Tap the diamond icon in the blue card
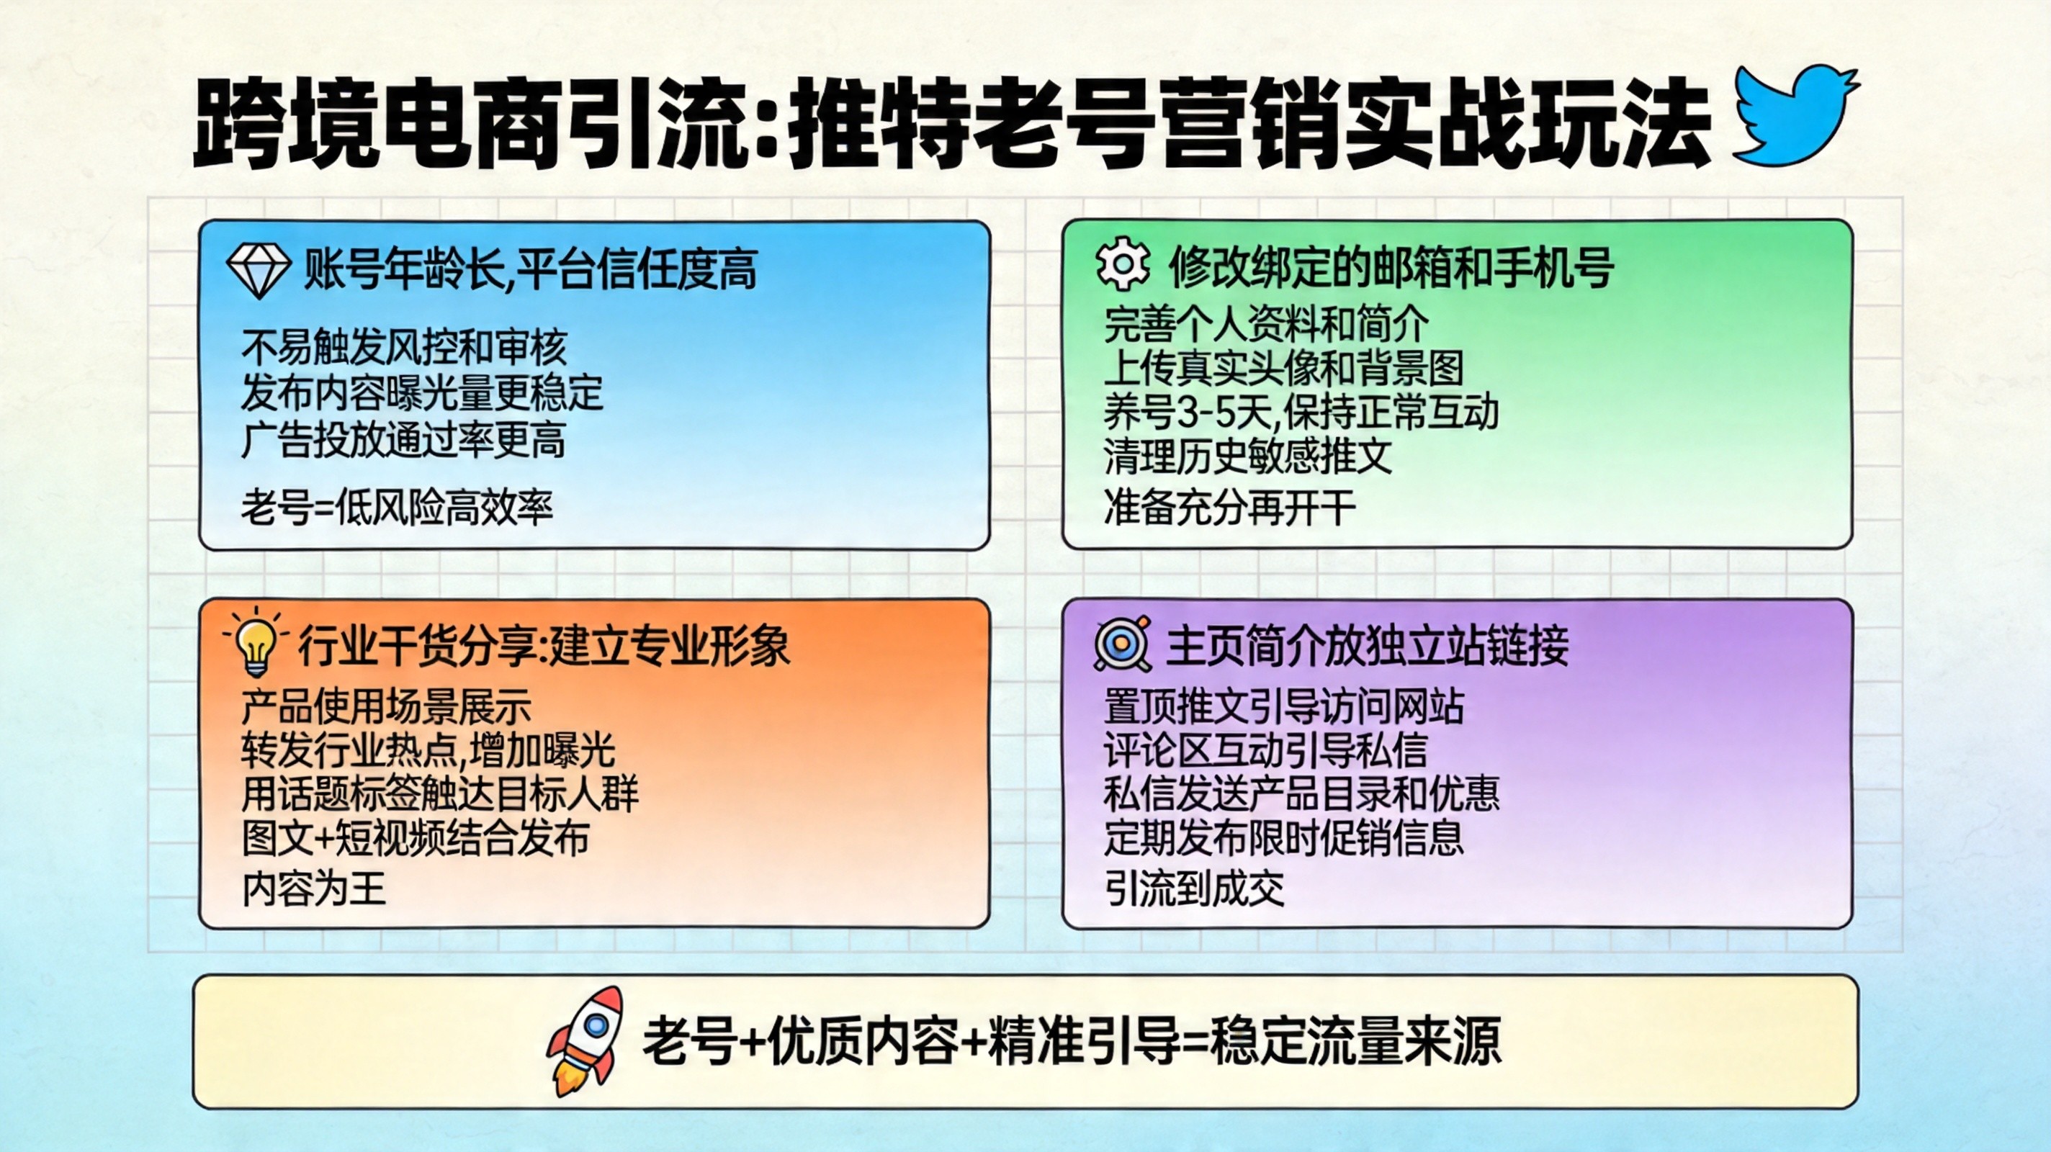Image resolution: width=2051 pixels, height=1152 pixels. tap(258, 270)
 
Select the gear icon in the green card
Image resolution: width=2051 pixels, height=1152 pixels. tap(1123, 264)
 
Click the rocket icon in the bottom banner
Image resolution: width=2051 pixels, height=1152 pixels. tap(586, 1041)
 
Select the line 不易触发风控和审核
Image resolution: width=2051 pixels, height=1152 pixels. tap(404, 347)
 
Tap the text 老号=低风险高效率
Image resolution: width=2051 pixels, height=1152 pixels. tap(397, 507)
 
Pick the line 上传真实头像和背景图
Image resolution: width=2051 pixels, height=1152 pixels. tap(1283, 367)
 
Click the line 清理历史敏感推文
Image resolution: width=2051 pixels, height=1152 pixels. tap(1247, 456)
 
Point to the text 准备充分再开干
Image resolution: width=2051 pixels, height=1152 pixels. tap(1229, 507)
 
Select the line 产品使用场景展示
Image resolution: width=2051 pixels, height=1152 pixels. tap(386, 706)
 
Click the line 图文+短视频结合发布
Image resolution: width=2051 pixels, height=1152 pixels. tap(415, 837)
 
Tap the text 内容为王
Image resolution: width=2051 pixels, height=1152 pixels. tap(314, 888)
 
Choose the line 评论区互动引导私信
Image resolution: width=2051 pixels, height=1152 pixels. tap(1265, 749)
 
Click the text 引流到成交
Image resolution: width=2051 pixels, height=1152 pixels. tap(1194, 888)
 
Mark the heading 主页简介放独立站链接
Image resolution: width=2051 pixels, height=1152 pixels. tap(1367, 645)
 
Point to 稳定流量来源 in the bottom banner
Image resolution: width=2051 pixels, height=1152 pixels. tap(1355, 1041)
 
